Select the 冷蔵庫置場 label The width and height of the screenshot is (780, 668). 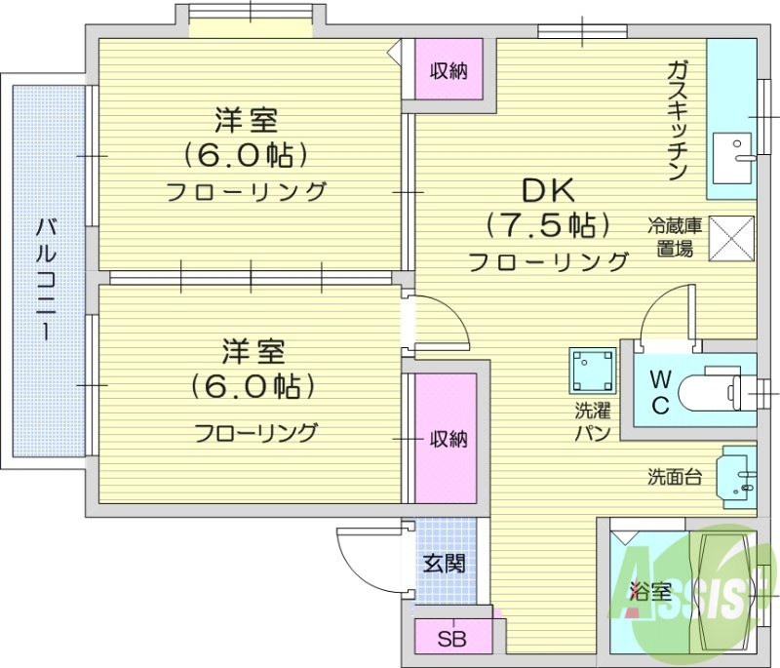(x=674, y=236)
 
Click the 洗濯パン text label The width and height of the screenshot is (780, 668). (x=592, y=421)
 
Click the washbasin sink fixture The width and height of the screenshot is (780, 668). (x=738, y=476)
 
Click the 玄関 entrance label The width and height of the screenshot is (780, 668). (x=444, y=564)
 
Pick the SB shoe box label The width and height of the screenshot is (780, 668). (x=450, y=640)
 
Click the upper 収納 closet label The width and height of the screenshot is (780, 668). (x=449, y=70)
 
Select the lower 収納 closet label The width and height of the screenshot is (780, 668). (x=448, y=439)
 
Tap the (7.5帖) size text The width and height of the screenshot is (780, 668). (x=549, y=226)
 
